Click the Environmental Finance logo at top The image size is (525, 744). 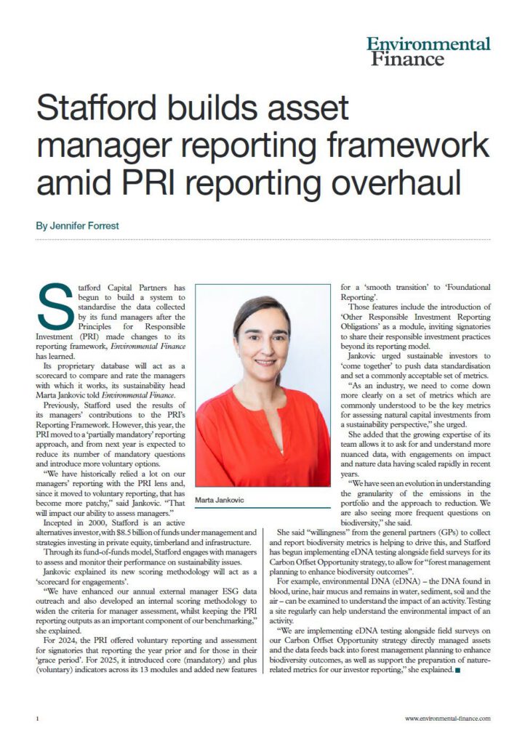coord(428,51)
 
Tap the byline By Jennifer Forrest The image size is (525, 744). coord(77,226)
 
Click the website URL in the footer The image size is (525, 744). coord(448,718)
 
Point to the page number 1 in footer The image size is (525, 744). coord(36,718)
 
